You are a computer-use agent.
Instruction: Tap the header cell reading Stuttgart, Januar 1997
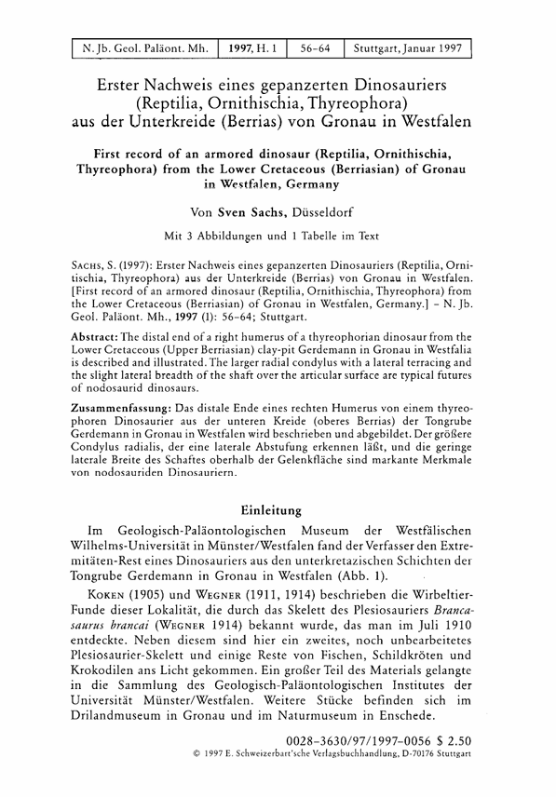tap(407, 48)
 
